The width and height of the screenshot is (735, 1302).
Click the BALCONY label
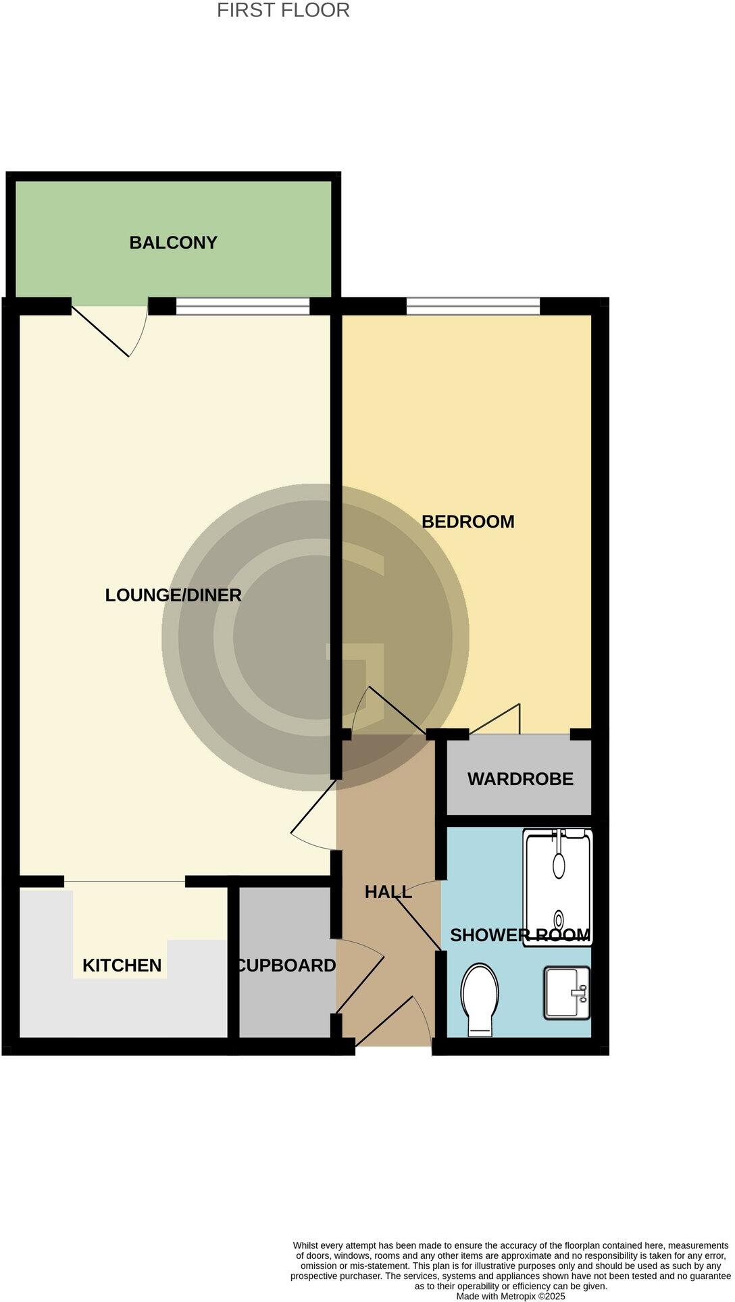tap(173, 243)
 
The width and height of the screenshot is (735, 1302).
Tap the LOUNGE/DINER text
tap(173, 595)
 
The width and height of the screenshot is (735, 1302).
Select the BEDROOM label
tap(467, 522)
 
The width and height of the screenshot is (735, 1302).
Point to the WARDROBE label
tap(520, 779)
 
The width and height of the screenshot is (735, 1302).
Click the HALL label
tap(388, 892)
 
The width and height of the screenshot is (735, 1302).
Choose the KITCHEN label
tap(122, 966)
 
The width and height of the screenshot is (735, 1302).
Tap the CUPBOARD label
tap(286, 966)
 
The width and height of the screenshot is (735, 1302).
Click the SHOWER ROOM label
tap(519, 935)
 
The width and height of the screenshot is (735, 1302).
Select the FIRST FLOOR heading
tap(283, 11)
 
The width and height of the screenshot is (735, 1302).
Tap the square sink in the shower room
tap(566, 993)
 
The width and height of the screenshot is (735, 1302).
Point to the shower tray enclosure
tap(557, 886)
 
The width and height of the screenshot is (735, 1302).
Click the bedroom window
tap(473, 306)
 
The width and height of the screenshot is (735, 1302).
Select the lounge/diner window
tap(243, 306)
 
